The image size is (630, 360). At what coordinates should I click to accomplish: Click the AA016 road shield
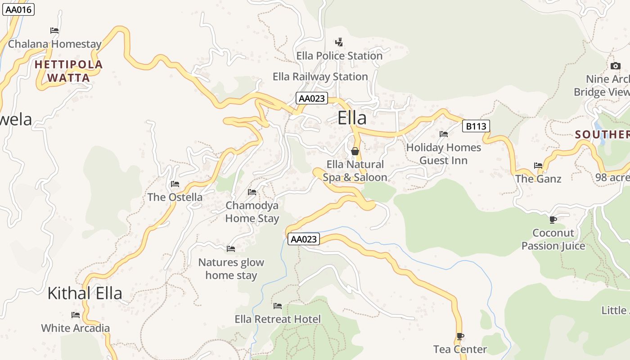[18, 9]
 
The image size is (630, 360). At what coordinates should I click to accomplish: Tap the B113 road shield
[476, 126]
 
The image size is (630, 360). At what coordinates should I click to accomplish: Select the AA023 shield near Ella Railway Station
[312, 98]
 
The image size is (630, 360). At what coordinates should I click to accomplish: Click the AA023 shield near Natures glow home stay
[304, 239]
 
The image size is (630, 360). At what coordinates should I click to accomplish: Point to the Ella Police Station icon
[339, 42]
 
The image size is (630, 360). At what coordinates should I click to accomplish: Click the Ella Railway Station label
[320, 76]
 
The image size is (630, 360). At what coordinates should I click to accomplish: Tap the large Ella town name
[352, 118]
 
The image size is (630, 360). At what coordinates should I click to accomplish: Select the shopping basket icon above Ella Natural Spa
[355, 151]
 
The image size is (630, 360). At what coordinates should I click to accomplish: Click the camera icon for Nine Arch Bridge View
[615, 66]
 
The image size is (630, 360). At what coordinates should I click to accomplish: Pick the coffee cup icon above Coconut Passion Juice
[553, 220]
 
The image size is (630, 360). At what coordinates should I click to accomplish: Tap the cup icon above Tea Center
[460, 336]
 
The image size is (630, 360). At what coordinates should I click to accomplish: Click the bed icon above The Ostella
[175, 184]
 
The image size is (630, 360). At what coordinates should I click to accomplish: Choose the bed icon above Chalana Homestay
[54, 31]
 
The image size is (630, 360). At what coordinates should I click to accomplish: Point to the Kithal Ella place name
[85, 293]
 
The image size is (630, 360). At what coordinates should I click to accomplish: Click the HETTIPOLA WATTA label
[69, 71]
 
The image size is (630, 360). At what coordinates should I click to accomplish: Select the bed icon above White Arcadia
[75, 315]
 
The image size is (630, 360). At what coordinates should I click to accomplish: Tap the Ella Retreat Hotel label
[278, 319]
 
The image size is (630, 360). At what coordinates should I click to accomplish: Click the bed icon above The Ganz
[538, 165]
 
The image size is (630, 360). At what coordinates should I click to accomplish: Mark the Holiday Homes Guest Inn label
[443, 154]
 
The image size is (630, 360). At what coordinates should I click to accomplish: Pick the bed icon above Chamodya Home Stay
[252, 192]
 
